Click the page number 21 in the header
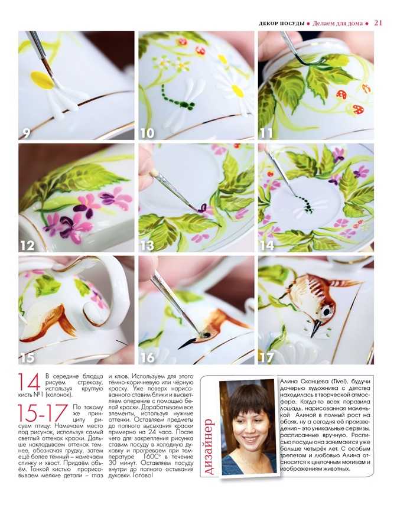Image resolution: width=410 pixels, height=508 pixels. point(378,23)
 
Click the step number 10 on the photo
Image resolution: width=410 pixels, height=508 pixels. point(147,133)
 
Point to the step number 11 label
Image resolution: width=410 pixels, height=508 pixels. point(266,133)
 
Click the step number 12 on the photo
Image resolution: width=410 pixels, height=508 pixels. point(28,245)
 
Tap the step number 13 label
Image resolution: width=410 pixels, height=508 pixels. point(147,245)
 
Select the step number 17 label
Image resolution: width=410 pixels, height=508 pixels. point(266,357)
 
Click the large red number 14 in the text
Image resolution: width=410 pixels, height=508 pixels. point(29,382)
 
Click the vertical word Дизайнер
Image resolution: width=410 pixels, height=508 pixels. point(210,447)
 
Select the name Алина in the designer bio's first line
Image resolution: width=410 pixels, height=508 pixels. point(288,382)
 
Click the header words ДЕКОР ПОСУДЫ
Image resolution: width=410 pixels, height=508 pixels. point(282,23)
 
